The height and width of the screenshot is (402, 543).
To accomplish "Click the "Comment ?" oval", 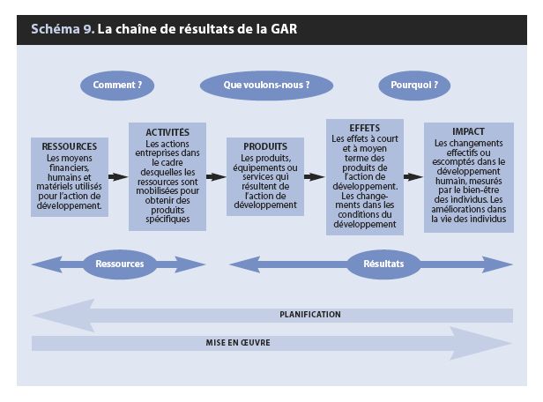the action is tap(117, 86).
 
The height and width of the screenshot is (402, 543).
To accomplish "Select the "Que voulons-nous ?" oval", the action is tap(266, 86).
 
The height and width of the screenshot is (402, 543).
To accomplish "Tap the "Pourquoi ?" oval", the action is tap(414, 86).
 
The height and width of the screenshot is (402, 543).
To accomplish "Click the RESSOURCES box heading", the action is tap(70, 146).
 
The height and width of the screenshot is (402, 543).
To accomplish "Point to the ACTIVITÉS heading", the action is tap(167, 132).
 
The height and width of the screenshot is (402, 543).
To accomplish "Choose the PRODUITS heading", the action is tap(265, 146).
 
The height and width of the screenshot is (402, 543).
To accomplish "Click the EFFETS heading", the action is tap(365, 128).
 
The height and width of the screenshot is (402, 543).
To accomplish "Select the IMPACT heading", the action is tap(468, 131).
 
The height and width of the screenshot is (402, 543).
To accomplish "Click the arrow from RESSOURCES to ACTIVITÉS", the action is tap(118, 177).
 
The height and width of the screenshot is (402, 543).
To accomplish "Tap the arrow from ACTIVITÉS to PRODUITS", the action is tap(216, 177).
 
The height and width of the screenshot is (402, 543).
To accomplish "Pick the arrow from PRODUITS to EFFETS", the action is tap(315, 177).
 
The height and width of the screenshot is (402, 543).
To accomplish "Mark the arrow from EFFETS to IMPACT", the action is tap(413, 177).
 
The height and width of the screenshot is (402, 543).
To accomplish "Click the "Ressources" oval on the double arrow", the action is tap(120, 264).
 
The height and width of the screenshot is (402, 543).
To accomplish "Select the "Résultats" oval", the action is tap(383, 264).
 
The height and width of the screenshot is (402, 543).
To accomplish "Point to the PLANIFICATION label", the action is tap(310, 315).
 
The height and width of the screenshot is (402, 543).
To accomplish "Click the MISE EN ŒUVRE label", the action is tap(238, 343).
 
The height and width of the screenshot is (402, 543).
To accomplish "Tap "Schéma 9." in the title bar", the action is tap(63, 29).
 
